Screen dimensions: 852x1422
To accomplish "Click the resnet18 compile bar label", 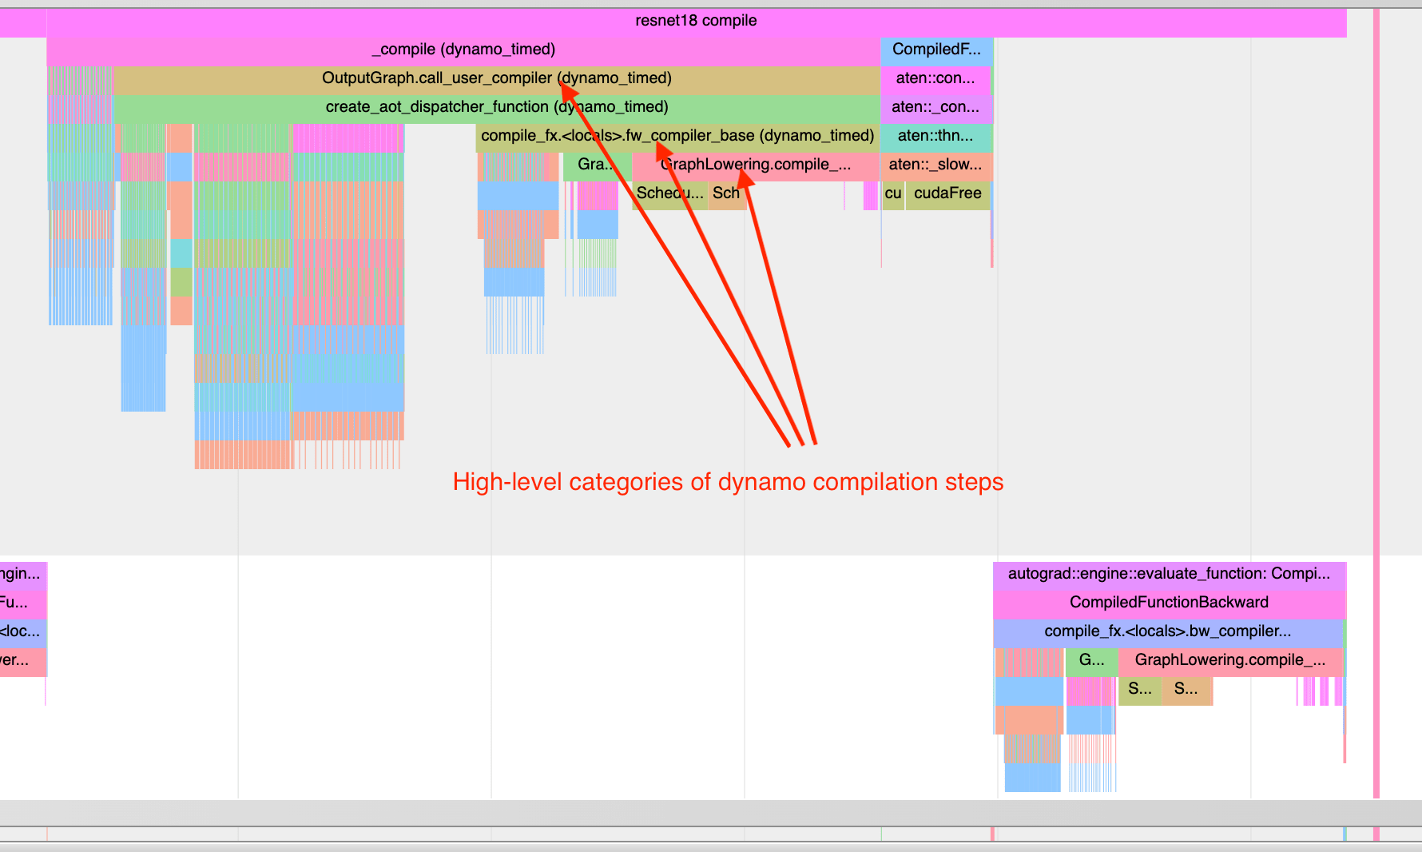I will point(696,21).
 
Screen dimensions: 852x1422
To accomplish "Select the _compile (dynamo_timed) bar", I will point(463,50).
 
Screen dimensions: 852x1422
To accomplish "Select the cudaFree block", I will point(947,193).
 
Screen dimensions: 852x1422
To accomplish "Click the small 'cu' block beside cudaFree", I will point(893,193).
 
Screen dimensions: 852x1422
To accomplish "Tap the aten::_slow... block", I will point(935,165).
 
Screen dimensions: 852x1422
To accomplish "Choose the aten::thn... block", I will point(935,136).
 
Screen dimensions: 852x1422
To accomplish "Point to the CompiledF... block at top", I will point(936,50).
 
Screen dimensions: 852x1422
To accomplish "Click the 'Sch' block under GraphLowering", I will point(726,193).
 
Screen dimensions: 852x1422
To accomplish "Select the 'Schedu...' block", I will point(669,193).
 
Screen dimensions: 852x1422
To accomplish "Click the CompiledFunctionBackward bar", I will point(1169,603).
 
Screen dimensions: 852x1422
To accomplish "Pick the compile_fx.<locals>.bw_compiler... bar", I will point(1167,631).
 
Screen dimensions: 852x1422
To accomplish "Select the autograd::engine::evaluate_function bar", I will point(1169,574).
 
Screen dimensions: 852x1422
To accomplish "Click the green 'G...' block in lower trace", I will point(1091,660).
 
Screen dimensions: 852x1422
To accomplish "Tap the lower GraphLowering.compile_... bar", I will point(1229,660).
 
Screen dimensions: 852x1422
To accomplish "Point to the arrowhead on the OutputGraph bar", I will point(565,85).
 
